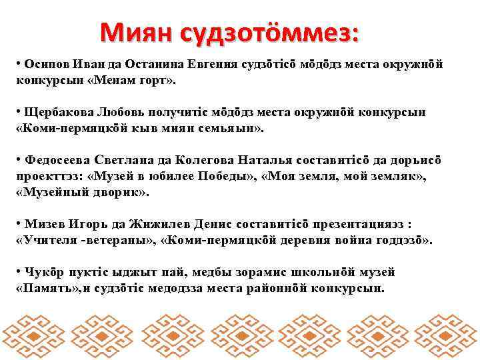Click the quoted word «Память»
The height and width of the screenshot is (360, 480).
pyautogui.click(x=47, y=288)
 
